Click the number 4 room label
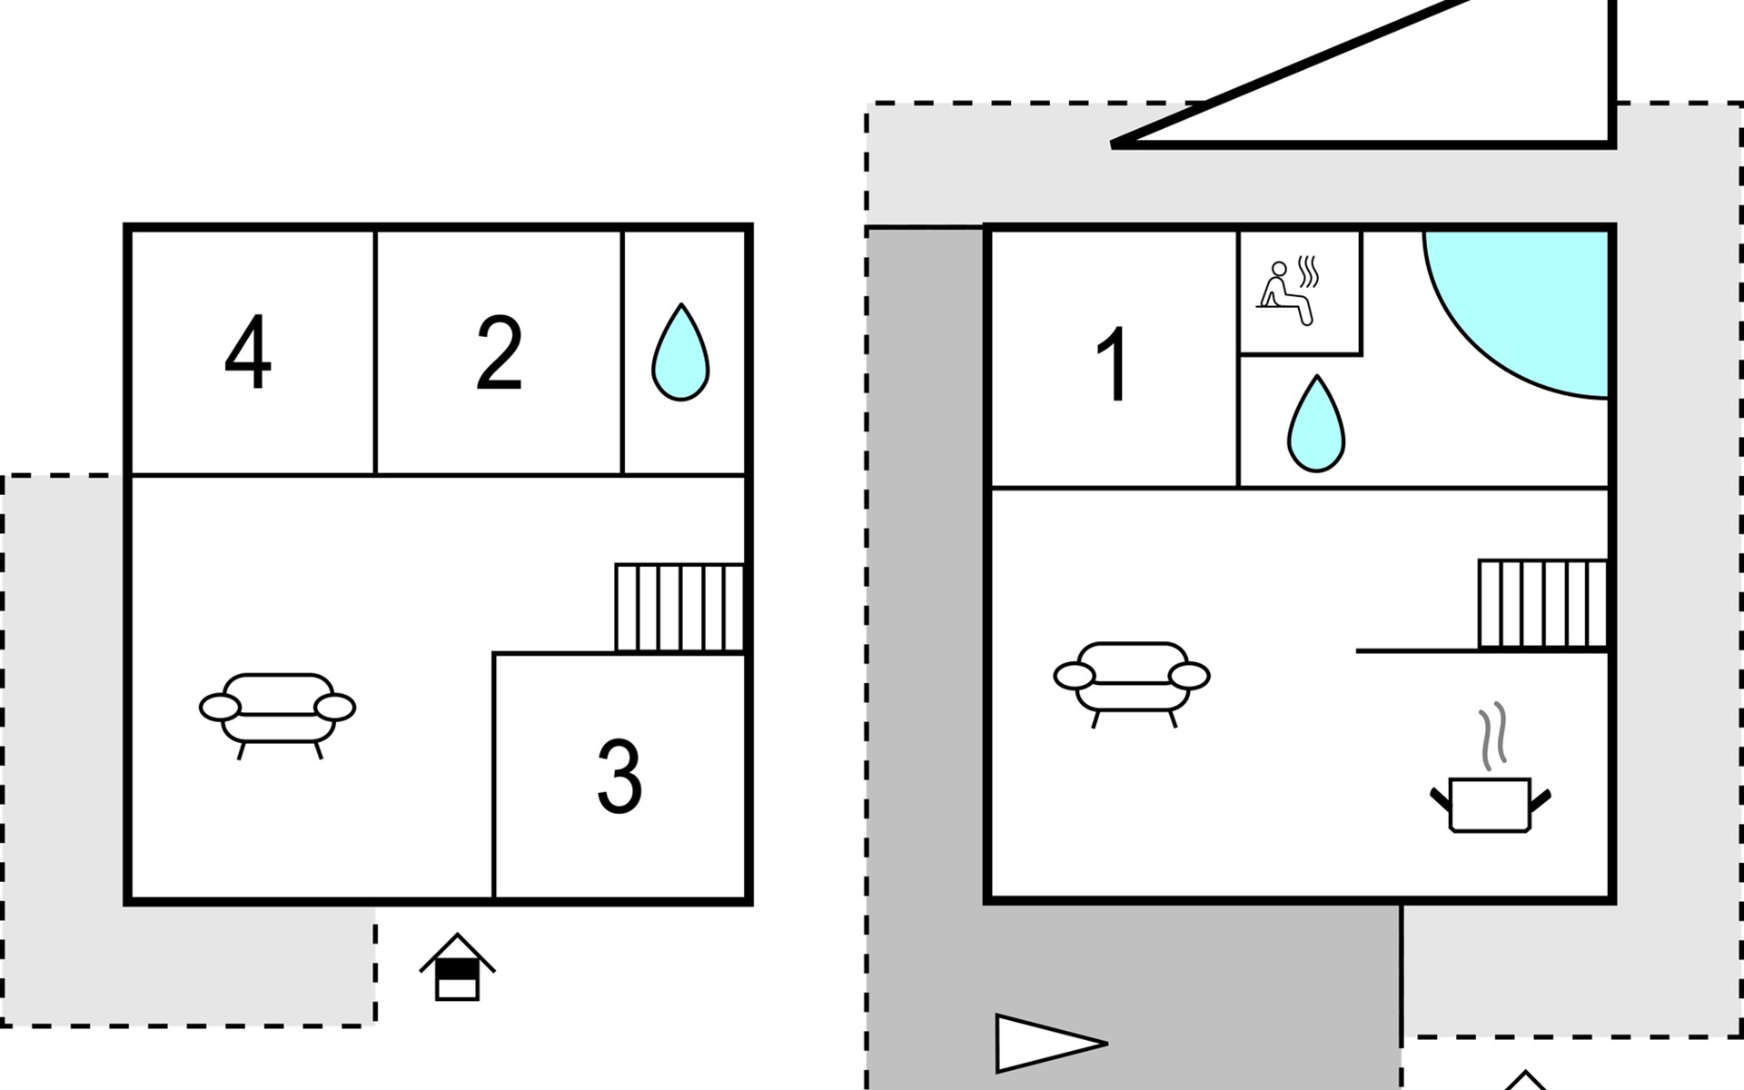pyautogui.click(x=247, y=352)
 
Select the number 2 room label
pyautogui.click(x=499, y=352)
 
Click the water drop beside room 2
pyautogui.click(x=680, y=354)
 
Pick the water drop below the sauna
pyautogui.click(x=1316, y=425)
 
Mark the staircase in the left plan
pyautogui.click(x=679, y=608)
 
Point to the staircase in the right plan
pyautogui.click(x=1542, y=604)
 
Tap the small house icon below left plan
pyautogui.click(x=457, y=968)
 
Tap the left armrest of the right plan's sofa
pyautogui.click(x=1075, y=676)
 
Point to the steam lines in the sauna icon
pyautogui.click(x=1309, y=272)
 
